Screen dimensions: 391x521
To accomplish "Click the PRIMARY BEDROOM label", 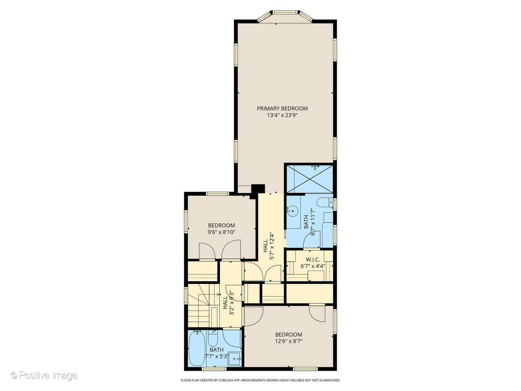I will point(282,108).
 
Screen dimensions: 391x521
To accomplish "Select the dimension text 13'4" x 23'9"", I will point(282,115).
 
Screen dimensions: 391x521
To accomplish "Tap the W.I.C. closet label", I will point(313,260).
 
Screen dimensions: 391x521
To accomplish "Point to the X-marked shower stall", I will point(309,179).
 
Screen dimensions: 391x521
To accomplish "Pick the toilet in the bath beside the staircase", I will point(212,338).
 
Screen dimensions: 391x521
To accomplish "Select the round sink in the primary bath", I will point(293,210).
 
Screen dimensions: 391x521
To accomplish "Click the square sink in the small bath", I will point(236,358).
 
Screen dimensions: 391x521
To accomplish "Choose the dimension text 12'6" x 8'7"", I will point(288,341).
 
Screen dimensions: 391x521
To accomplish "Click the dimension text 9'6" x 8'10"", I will point(221,232).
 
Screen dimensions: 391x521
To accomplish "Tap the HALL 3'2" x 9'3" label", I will point(228,303).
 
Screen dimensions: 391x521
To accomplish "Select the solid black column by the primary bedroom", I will point(258,189).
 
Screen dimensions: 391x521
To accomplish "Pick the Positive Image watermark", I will point(44,375).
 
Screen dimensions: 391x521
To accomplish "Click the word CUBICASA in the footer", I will point(221,380).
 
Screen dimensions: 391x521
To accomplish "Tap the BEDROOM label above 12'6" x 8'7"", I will point(288,335).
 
